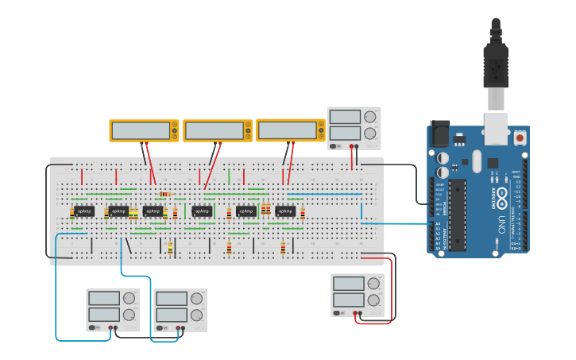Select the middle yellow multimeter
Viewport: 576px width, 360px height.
pos(217,130)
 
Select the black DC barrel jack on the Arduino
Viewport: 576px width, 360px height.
pos(439,133)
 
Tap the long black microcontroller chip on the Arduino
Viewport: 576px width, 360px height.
pos(457,215)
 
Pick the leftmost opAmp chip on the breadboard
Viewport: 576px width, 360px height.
pos(84,211)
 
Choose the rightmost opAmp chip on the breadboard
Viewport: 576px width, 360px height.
pos(286,211)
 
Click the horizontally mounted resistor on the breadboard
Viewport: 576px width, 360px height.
pos(164,193)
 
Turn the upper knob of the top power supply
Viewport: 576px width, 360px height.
pos(369,116)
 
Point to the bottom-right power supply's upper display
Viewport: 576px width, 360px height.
pos(348,284)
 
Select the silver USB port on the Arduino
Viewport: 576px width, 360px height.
pos(496,129)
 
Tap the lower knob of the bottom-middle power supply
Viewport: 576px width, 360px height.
pos(195,315)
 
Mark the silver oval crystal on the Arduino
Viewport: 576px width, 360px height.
pos(477,161)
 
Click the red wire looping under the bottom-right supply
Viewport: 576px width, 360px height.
pos(373,323)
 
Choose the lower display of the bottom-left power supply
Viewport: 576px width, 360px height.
pos(103,315)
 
